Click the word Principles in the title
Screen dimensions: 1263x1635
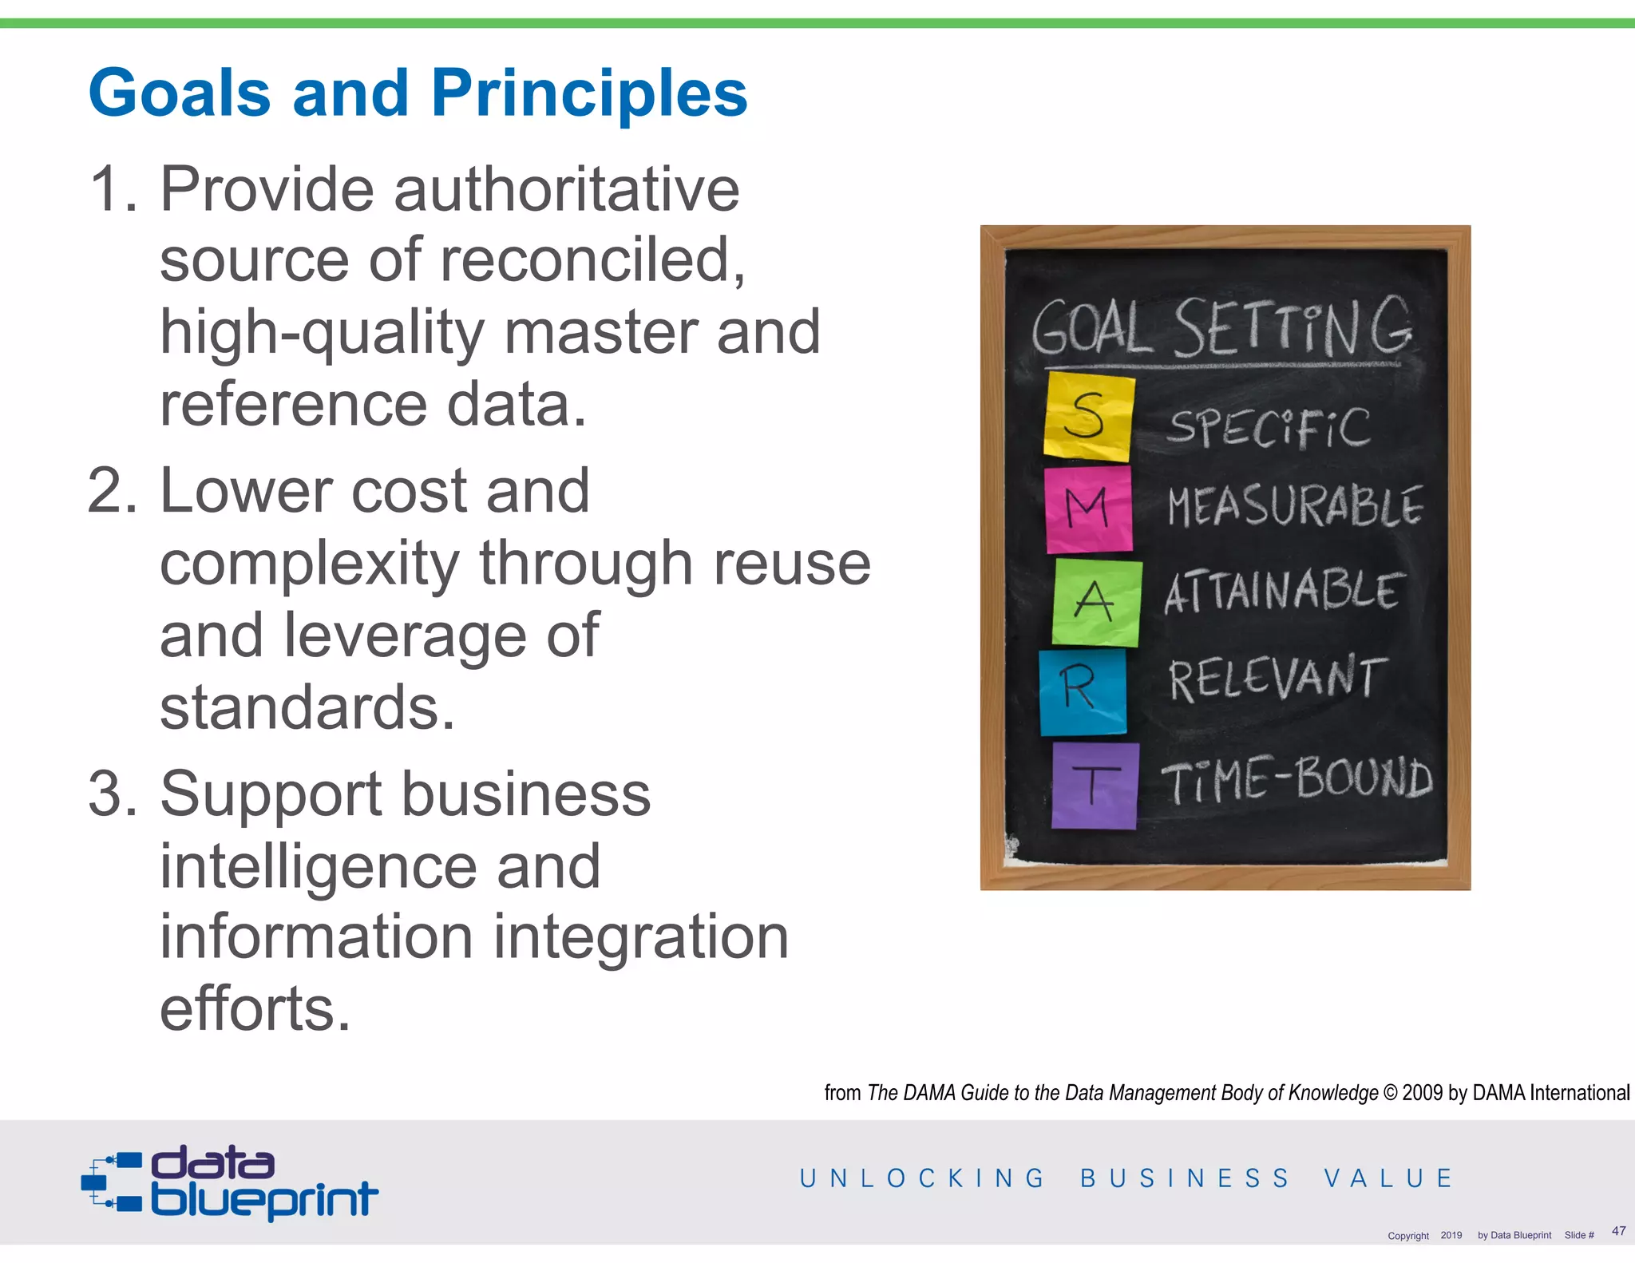(589, 93)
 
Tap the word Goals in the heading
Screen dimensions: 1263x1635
(180, 93)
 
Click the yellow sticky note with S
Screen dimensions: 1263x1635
(1089, 417)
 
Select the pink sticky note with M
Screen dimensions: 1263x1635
(1089, 509)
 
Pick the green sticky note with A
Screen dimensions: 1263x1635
(1096, 602)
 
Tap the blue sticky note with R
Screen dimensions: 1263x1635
(1082, 691)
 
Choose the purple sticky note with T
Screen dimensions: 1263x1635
(1095, 786)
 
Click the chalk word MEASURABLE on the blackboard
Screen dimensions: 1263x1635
(1294, 506)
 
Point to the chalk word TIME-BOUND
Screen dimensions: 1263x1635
(1297, 779)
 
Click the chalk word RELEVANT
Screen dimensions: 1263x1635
(1277, 679)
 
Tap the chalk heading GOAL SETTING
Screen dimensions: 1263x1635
(1221, 328)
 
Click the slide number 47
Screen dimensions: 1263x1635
(1618, 1230)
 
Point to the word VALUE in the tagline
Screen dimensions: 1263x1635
(1388, 1178)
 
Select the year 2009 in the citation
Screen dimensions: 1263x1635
(1423, 1093)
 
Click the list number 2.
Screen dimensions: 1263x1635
(112, 491)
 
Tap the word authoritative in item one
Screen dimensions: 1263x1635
(566, 190)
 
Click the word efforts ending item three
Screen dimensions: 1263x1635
(255, 1009)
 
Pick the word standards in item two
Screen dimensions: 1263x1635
(307, 707)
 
